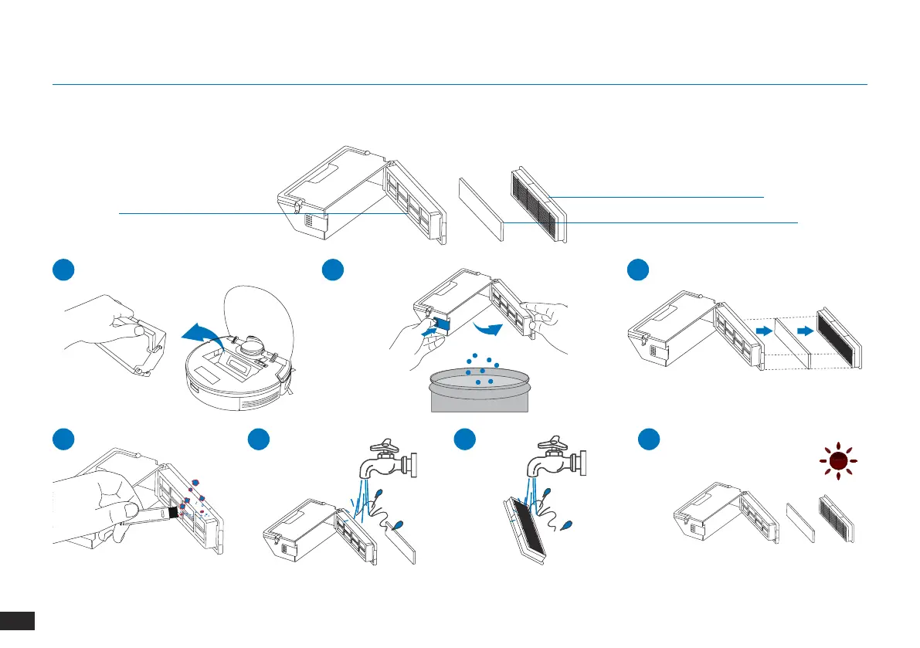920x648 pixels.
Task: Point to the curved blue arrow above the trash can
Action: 487,328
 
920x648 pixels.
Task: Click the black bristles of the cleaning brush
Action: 175,511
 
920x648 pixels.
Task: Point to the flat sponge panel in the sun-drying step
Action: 798,523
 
